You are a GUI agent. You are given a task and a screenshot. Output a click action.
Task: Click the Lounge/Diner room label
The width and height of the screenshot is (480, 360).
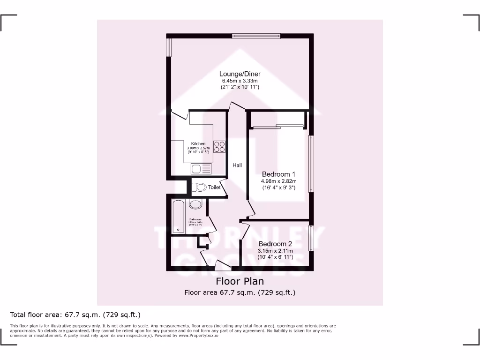pos(240,74)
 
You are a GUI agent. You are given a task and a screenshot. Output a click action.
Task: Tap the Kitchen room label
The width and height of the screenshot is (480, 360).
pos(198,143)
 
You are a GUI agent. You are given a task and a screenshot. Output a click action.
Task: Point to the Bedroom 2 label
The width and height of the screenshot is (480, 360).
pos(275,244)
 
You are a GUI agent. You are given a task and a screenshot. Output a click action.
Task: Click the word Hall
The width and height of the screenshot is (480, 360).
pos(237,165)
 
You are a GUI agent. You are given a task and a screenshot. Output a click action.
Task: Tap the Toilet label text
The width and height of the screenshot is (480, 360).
pos(214,187)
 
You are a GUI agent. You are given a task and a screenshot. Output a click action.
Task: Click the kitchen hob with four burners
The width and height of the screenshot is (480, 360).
pos(219,147)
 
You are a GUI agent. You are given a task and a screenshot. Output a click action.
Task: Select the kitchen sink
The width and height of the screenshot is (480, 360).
pos(201,168)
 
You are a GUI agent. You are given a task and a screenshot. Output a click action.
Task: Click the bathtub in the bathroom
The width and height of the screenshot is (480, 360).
pos(179,216)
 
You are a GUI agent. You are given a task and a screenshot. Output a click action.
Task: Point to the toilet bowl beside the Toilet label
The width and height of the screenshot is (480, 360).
pos(200,187)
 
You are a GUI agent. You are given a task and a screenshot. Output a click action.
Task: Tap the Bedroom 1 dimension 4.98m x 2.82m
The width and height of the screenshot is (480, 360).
pos(279,181)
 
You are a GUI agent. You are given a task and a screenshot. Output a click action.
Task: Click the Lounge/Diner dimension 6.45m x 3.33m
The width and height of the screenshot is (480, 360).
pos(240,81)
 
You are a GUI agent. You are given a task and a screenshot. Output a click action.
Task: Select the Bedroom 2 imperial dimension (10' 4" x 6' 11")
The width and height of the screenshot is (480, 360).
pos(275,257)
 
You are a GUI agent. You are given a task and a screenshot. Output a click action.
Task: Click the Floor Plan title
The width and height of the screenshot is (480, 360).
pos(240,281)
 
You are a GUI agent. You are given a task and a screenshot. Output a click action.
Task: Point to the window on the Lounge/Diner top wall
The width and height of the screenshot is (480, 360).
pos(256,35)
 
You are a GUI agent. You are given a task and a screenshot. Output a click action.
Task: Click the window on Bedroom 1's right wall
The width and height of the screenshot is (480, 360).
pos(310,164)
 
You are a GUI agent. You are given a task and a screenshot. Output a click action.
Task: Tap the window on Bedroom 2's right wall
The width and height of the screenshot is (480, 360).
pos(310,238)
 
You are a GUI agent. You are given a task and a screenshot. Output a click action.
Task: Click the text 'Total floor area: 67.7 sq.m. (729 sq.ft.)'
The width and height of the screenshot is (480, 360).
pos(75,315)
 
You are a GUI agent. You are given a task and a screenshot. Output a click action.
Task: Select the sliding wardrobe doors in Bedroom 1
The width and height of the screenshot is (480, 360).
pos(277,126)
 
